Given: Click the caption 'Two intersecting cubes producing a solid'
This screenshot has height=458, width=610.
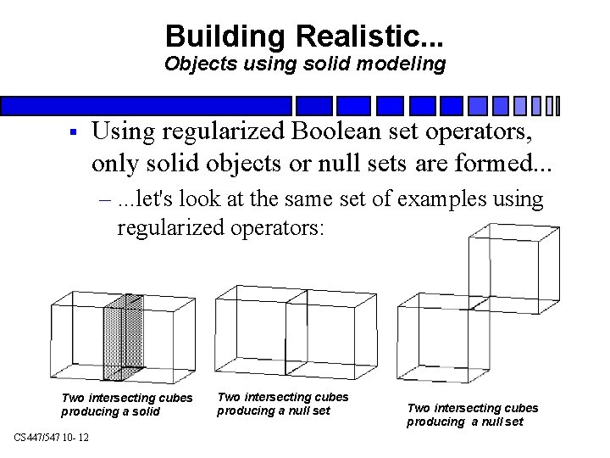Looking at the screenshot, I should tap(127, 405).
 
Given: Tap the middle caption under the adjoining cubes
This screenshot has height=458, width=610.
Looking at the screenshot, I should tap(282, 403).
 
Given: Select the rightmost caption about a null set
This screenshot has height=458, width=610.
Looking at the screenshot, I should tap(472, 415).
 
